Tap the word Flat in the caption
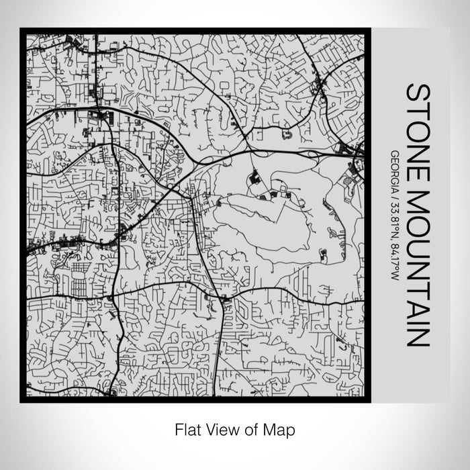click(185, 428)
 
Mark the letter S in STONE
click(416, 93)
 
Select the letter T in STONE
click(416, 109)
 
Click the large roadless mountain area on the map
click(269, 222)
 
